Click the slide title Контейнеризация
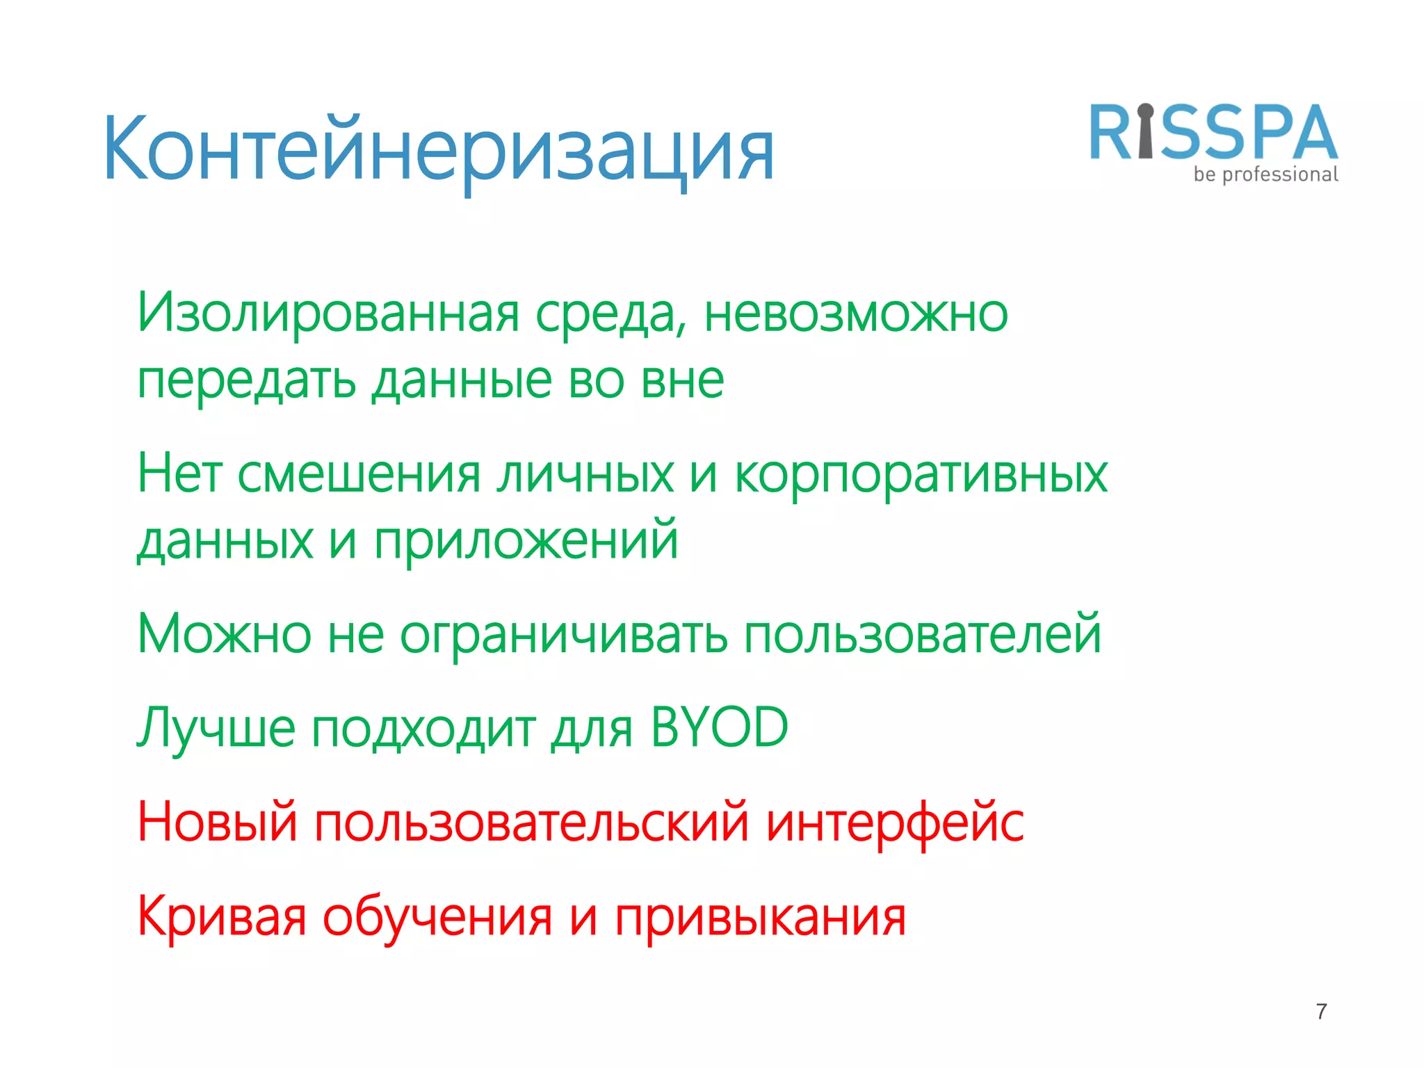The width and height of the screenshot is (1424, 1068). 438,149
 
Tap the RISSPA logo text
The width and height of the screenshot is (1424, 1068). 1213,133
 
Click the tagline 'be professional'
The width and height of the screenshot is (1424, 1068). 1265,175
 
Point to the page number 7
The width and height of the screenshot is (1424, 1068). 1321,1011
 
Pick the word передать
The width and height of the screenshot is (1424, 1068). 247,382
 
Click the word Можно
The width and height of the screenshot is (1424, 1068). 224,634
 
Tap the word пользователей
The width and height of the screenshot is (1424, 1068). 923,634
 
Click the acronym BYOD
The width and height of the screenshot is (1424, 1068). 719,727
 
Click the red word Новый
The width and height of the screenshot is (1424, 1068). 217,823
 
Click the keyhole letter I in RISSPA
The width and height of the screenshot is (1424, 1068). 1146,132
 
